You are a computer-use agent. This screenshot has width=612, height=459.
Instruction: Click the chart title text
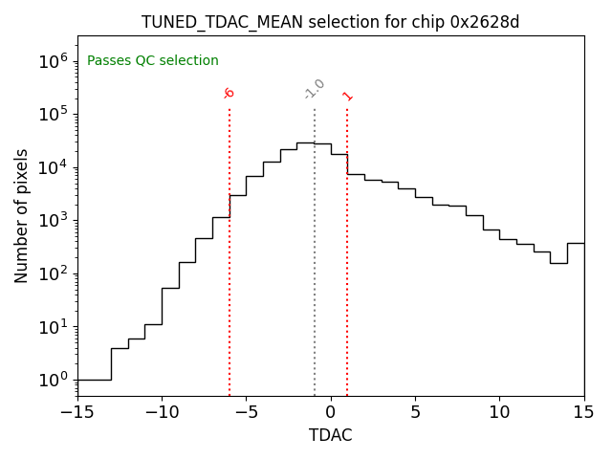coord(330,22)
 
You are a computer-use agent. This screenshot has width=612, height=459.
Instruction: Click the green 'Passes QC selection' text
coord(153,61)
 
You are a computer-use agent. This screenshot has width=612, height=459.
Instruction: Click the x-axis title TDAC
coord(330,435)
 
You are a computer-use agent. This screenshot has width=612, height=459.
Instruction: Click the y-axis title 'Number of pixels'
coord(22,215)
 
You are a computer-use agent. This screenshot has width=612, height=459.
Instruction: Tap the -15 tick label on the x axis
coord(76,412)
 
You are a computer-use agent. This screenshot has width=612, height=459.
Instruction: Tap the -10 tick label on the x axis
coord(161,412)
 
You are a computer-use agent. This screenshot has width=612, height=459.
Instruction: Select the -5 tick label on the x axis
coord(246,412)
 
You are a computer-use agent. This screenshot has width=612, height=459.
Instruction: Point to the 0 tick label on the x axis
coord(331,412)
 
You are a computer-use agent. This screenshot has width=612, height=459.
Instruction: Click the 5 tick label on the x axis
coord(415,412)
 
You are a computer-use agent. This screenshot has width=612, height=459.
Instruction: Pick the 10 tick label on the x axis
coord(500,412)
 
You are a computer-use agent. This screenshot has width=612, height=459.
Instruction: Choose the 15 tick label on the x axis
coord(584,412)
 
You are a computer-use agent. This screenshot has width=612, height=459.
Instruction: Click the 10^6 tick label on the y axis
coord(52,61)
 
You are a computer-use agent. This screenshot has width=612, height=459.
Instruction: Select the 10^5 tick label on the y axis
coord(52,115)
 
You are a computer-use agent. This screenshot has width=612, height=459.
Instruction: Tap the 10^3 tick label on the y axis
coord(52,221)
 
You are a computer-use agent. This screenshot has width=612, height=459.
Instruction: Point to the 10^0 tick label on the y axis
coord(52,381)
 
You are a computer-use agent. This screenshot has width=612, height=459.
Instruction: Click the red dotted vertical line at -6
coord(229,287)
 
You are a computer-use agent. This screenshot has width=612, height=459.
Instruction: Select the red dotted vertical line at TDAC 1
coord(347,287)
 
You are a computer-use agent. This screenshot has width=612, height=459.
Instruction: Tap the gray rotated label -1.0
coord(315,89)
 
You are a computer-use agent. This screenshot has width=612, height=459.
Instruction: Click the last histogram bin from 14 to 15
coord(576,316)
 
